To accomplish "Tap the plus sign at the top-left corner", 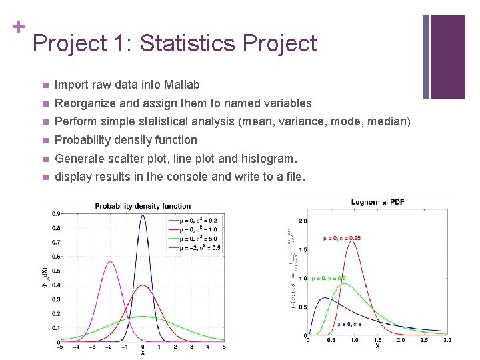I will pyautogui.click(x=18, y=27).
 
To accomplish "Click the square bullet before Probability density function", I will pyautogui.click(x=44, y=140).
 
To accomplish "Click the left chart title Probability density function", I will pyautogui.click(x=143, y=206).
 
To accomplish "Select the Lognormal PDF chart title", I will pyautogui.click(x=377, y=202).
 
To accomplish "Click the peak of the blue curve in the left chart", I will pyautogui.click(x=143, y=215).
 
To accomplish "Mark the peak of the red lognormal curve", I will pyautogui.click(x=353, y=242).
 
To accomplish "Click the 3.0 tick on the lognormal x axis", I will pyautogui.click(x=447, y=340).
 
